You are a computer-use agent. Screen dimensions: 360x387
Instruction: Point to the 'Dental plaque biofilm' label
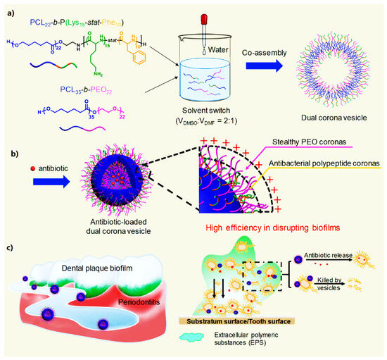coord(106,268)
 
